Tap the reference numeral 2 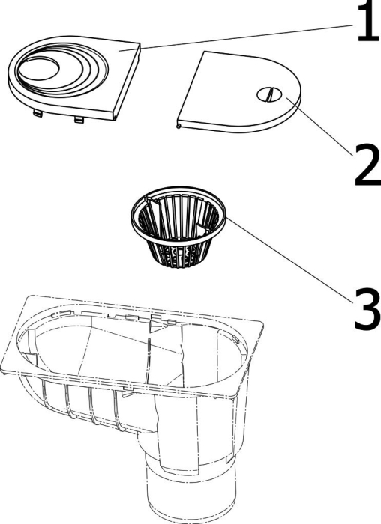[x=368, y=165]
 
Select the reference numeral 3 [x=367, y=309]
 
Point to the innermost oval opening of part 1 [x=39, y=69]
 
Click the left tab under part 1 [x=37, y=114]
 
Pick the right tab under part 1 [x=79, y=119]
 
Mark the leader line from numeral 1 [x=236, y=37]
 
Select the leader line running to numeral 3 [x=290, y=260]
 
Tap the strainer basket [x=178, y=227]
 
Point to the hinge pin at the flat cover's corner [x=179, y=126]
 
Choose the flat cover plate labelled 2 [x=239, y=91]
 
